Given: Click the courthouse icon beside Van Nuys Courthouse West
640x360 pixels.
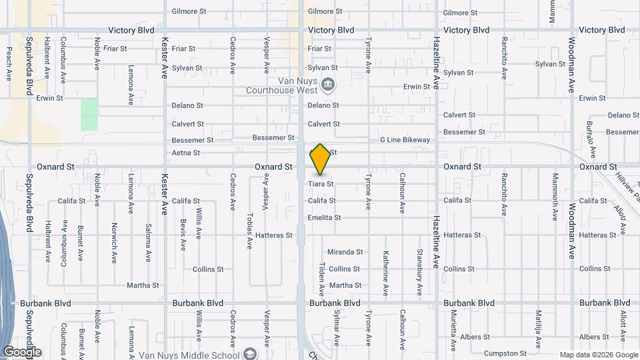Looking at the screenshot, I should [x=327, y=84].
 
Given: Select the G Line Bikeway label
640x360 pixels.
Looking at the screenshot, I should [x=405, y=140].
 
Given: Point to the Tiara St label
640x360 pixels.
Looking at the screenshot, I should [x=321, y=183].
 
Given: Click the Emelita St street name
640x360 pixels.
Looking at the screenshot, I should [x=324, y=217].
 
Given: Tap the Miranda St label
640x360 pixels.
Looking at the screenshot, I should [x=345, y=252].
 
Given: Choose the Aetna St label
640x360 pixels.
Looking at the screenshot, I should [x=186, y=153].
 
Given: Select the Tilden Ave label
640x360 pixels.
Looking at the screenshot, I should [x=321, y=279].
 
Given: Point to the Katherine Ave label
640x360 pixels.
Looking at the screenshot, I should [x=385, y=273].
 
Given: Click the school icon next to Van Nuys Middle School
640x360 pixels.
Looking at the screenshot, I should [x=249, y=353].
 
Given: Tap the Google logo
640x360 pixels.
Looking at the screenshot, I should [x=22, y=352].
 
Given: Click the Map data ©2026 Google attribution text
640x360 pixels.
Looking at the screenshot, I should [x=597, y=355].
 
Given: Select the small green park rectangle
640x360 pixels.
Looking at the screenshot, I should [x=89, y=115].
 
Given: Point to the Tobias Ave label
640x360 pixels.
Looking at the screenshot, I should [x=249, y=231].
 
